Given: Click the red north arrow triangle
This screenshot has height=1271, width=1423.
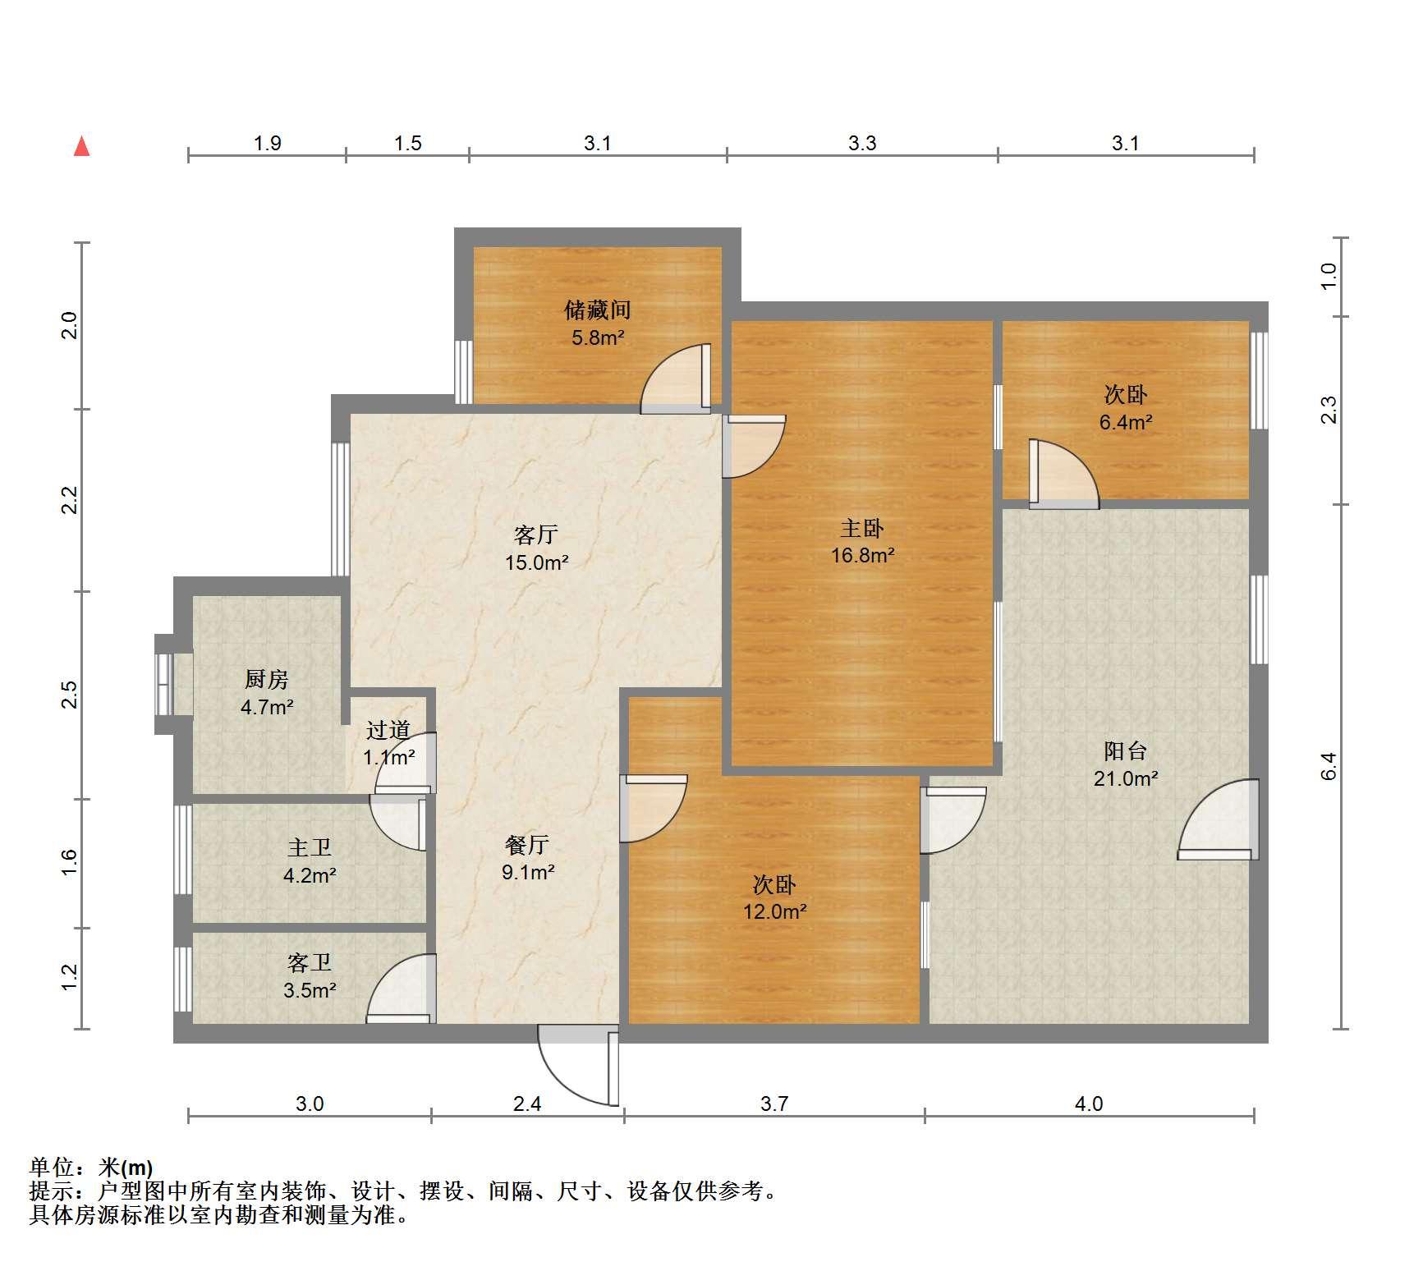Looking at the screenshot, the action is pos(81,146).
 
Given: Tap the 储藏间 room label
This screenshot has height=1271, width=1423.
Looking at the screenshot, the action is pos(597,310).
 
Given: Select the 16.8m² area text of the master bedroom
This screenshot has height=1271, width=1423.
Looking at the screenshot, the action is pos(862,555).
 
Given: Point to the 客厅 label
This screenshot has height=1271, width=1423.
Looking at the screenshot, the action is pos(536,535).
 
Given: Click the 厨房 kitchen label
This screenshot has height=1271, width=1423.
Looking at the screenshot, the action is pos(267,679).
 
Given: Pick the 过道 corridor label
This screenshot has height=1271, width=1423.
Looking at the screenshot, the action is pos(388,730).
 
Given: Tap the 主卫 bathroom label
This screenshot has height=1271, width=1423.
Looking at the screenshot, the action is pos(310,847).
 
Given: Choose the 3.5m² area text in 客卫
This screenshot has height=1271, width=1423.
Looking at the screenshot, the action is pos(310,990).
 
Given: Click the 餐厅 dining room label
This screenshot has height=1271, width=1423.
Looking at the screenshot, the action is pos(526,844).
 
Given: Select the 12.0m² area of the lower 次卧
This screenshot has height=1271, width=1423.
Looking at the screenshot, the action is pos(774,911).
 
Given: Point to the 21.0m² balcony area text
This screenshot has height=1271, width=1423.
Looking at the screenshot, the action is pos(1125,778).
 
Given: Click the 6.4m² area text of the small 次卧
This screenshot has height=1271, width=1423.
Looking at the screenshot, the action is pos(1126,422).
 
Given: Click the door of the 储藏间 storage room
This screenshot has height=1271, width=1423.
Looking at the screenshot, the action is pos(675,377).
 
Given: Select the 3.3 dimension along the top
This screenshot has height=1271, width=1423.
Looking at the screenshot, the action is pos(862,143).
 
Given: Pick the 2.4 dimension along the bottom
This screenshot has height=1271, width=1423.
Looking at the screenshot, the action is pos(527,1104).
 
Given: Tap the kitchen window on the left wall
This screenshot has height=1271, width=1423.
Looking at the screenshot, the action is pos(164,684).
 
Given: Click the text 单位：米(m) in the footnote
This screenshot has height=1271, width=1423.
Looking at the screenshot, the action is pos(91,1167).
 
